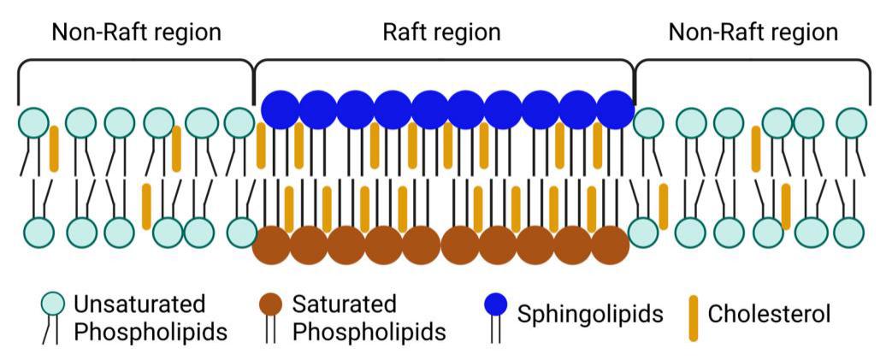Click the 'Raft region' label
[x=440, y=32]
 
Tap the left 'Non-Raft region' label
[x=137, y=32]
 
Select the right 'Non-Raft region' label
[x=753, y=32]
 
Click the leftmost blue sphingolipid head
[x=281, y=109]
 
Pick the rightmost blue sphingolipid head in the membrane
[x=614, y=109]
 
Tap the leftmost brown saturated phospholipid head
[x=272, y=245]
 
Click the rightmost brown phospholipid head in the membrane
[x=611, y=245]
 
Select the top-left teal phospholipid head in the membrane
[x=34, y=123]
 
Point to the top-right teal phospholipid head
[x=852, y=123]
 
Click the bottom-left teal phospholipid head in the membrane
[x=38, y=232]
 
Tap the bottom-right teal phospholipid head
[x=848, y=232]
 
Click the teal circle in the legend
[x=53, y=303]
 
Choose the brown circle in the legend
[x=271, y=303]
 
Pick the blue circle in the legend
[x=496, y=304]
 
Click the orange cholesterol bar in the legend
[x=692, y=318]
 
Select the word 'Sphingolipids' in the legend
[x=590, y=314]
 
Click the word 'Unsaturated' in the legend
[x=139, y=304]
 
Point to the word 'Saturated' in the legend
[x=345, y=304]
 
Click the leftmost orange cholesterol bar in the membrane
[x=54, y=148]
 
